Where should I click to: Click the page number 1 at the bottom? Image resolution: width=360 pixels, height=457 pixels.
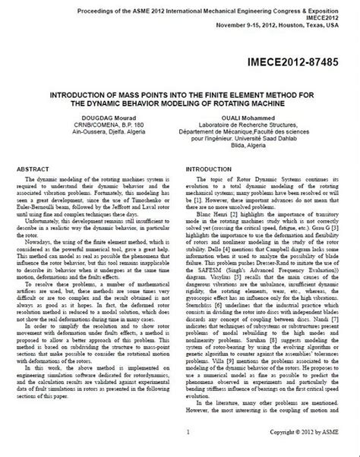[x=175, y=449]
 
